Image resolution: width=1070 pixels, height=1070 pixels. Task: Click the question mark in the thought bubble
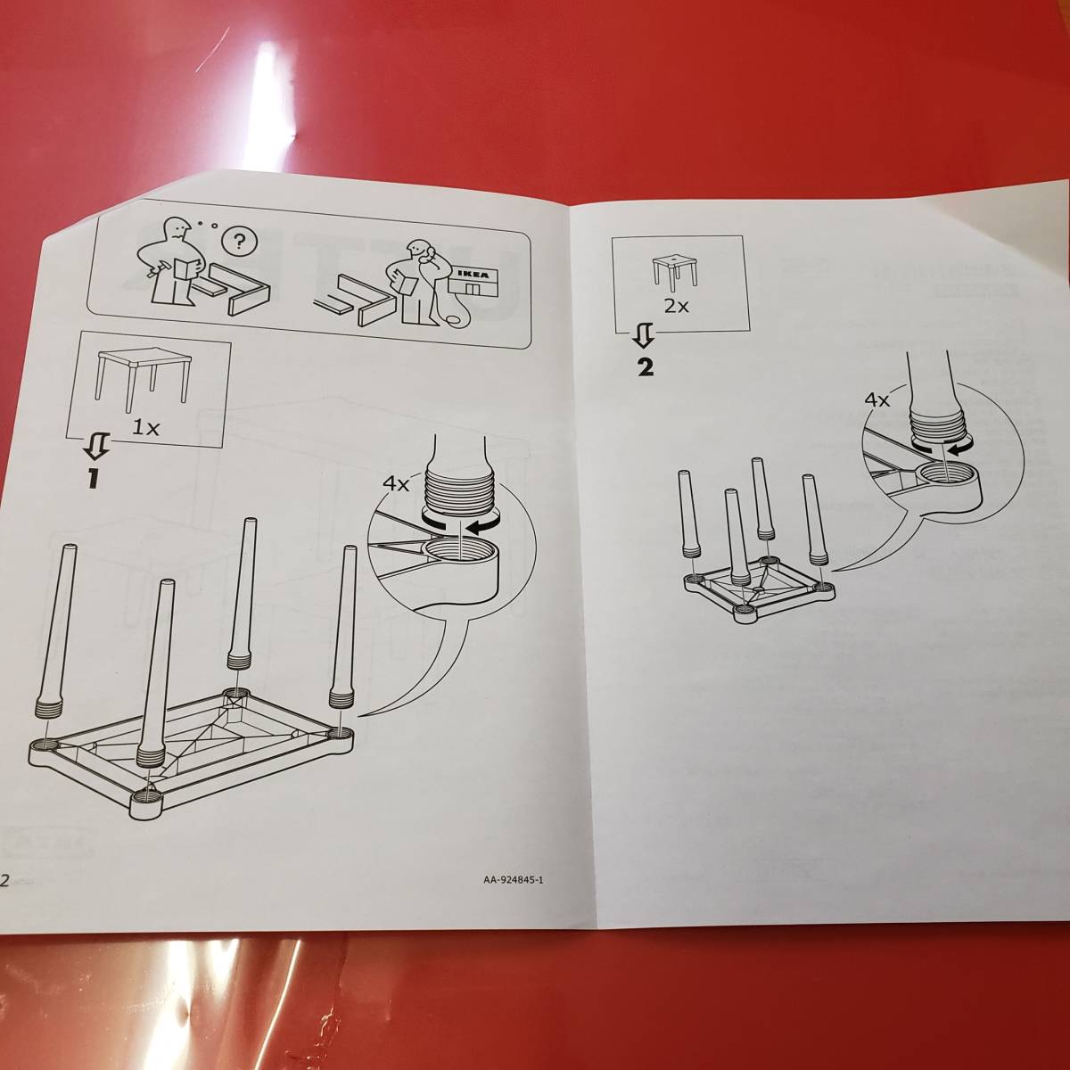click(x=239, y=242)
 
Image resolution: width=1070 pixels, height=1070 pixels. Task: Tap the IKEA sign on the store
click(x=475, y=275)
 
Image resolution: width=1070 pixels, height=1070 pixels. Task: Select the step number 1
click(x=92, y=478)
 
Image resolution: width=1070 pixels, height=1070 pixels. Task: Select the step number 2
click(x=645, y=367)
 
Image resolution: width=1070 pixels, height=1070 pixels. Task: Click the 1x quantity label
click(x=145, y=427)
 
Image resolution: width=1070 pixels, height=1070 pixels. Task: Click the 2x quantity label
click(x=676, y=306)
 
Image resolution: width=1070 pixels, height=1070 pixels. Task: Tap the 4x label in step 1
click(x=396, y=484)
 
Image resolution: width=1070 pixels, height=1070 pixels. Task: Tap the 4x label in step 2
click(x=878, y=400)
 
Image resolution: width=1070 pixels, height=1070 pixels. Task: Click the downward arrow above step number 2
click(x=645, y=338)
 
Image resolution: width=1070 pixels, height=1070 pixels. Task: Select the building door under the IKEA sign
click(x=472, y=290)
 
